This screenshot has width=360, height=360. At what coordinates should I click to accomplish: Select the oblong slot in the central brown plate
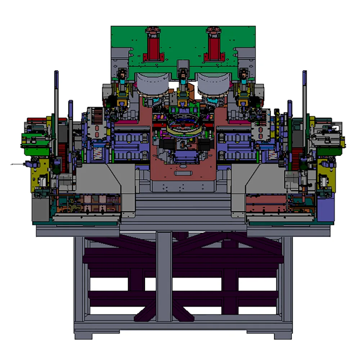point(184,173)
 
